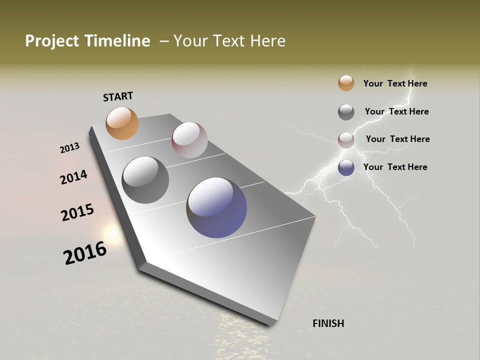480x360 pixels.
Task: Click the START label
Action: [118, 96]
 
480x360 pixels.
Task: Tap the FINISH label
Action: [328, 323]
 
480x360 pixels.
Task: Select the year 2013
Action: [69, 148]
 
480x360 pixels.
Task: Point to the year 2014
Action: [73, 177]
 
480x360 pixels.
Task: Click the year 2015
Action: [77, 212]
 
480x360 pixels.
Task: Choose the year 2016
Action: [85, 253]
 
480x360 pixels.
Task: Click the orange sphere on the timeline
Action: [122, 123]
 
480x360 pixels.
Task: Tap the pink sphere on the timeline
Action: [189, 140]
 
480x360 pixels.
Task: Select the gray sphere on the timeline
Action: [145, 180]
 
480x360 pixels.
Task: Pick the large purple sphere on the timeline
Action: [216, 207]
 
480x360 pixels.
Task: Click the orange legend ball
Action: [346, 83]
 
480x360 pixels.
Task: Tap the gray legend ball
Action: [346, 112]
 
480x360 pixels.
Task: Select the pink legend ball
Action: [346, 139]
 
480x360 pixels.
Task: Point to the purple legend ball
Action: [346, 167]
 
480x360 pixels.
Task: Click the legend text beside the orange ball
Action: [395, 83]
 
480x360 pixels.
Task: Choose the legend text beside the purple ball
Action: [395, 167]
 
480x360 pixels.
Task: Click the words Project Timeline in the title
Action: [87, 41]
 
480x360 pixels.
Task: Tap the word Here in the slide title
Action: [267, 41]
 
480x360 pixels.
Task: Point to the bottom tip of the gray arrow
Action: [270, 324]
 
